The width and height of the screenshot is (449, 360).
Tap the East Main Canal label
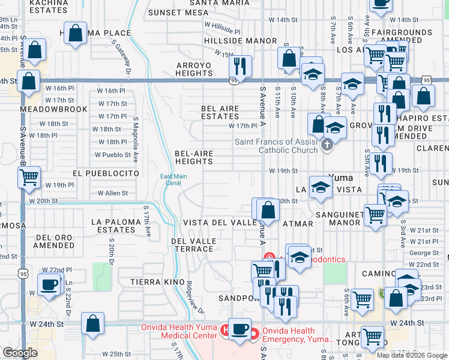click(171, 179)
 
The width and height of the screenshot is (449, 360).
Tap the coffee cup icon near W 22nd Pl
click(49, 284)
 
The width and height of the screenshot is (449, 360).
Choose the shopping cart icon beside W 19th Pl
click(29, 177)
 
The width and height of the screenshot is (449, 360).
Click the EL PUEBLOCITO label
click(106, 173)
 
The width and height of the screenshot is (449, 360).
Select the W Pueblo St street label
click(113, 155)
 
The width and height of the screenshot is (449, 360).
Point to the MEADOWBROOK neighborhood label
click(53, 110)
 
